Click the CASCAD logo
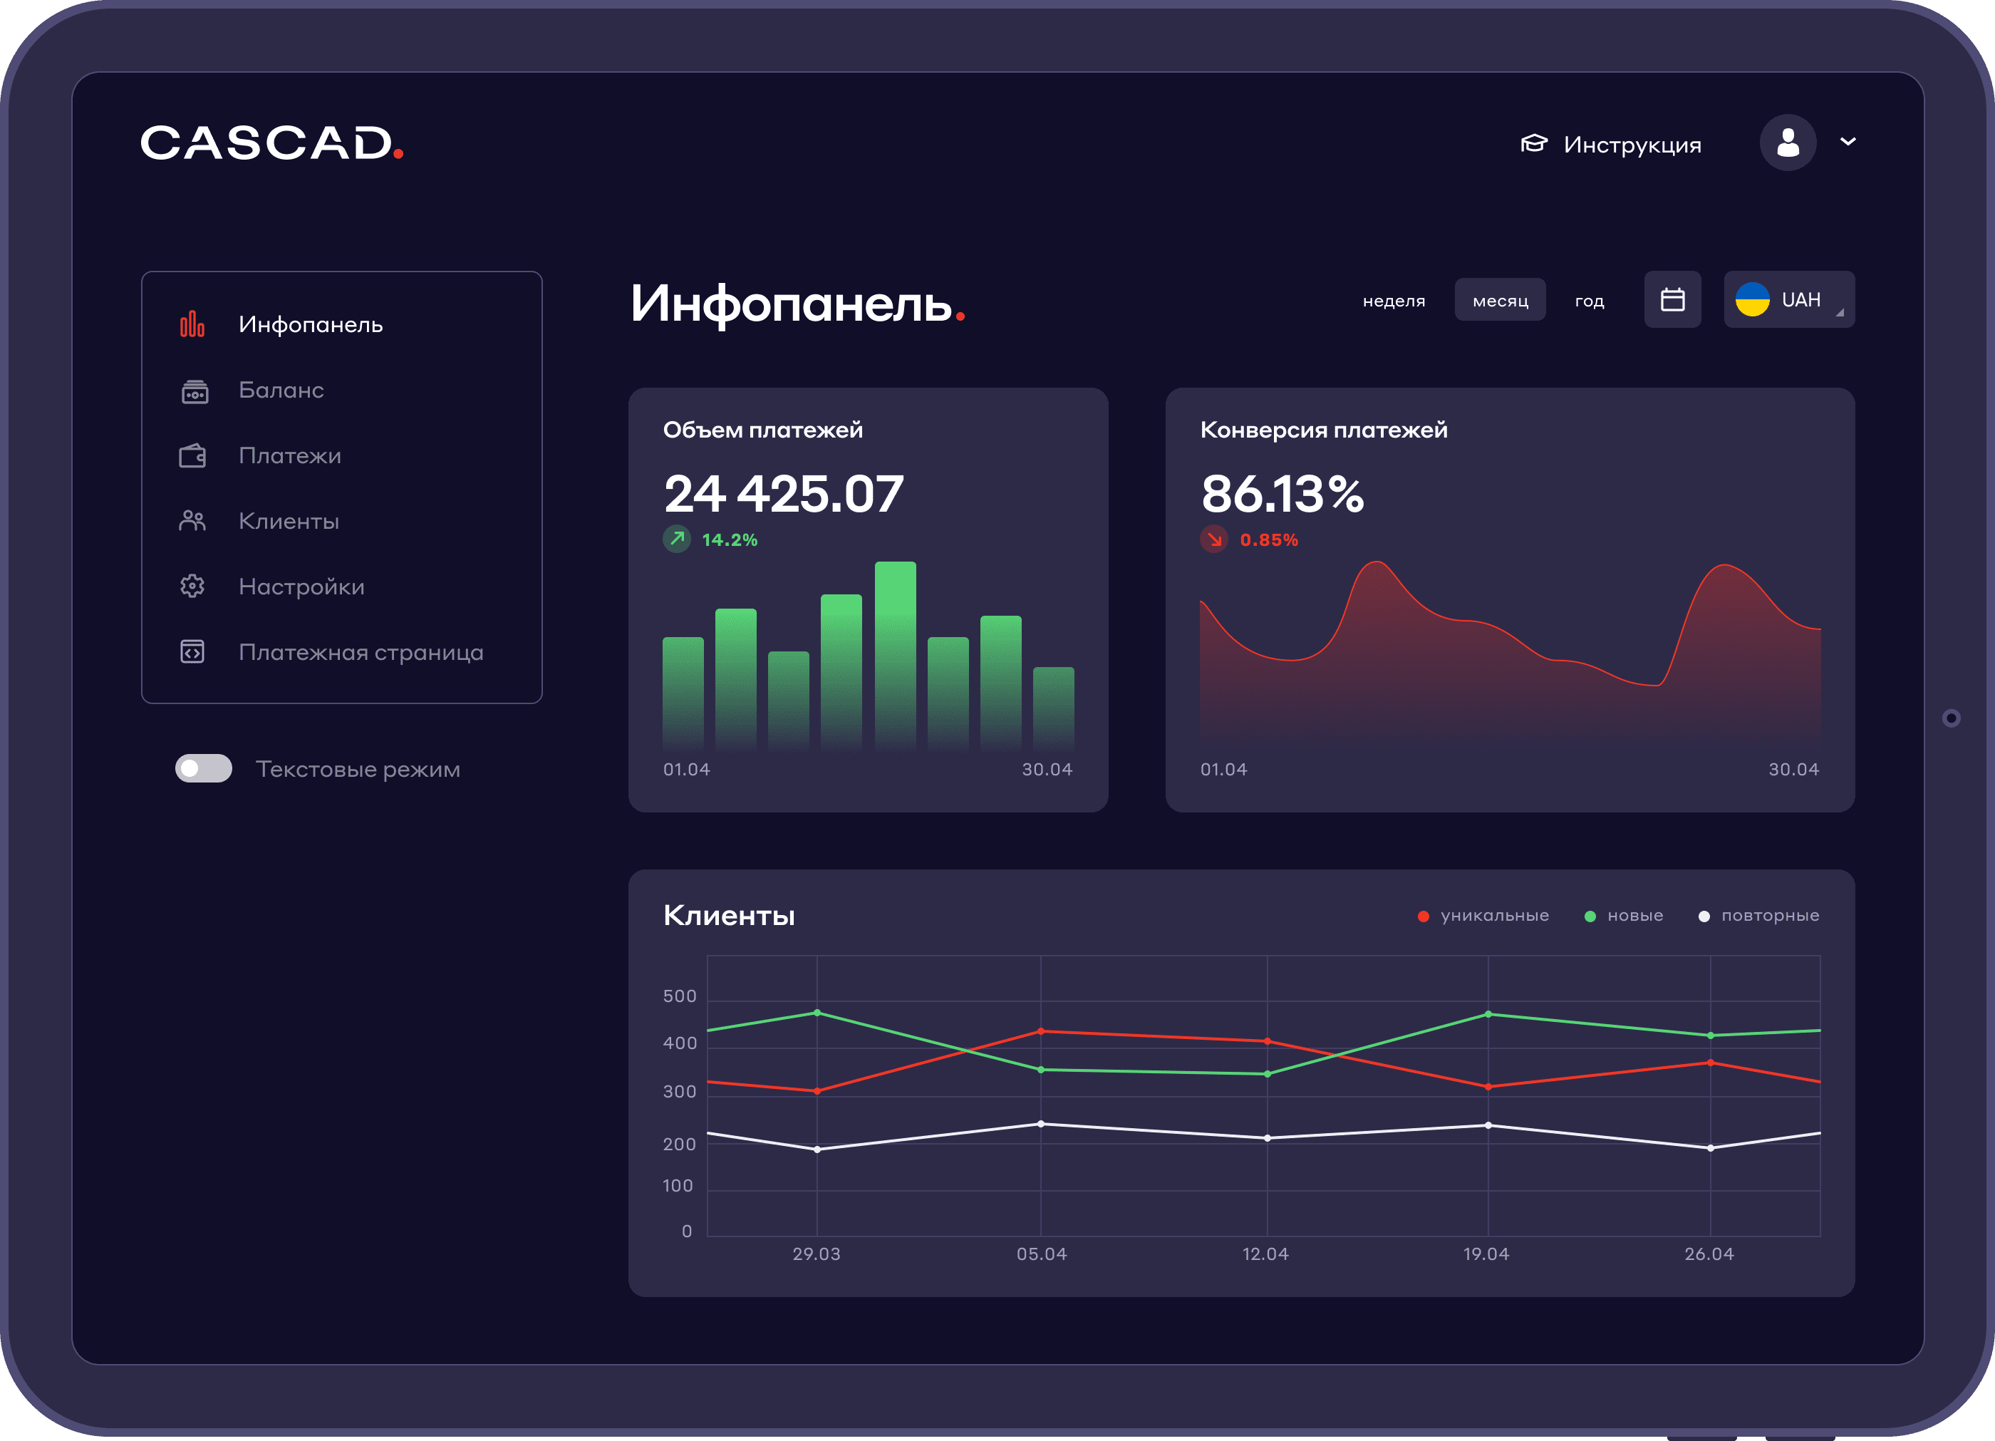pos(271,143)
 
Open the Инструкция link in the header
pos(1612,144)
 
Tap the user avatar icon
pos(1788,143)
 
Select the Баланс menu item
pos(281,390)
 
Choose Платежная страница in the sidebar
pos(361,652)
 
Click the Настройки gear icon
pos(192,586)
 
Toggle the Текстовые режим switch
pos(203,768)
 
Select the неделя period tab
pos(1394,301)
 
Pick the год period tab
pos(1589,301)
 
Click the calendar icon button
pos(1672,300)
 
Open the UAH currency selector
pos(1788,300)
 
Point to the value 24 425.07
pos(783,494)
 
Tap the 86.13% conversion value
pos(1282,494)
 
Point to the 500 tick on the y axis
pos(679,996)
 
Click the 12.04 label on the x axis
pos(1265,1254)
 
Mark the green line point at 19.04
pos(1488,1014)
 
